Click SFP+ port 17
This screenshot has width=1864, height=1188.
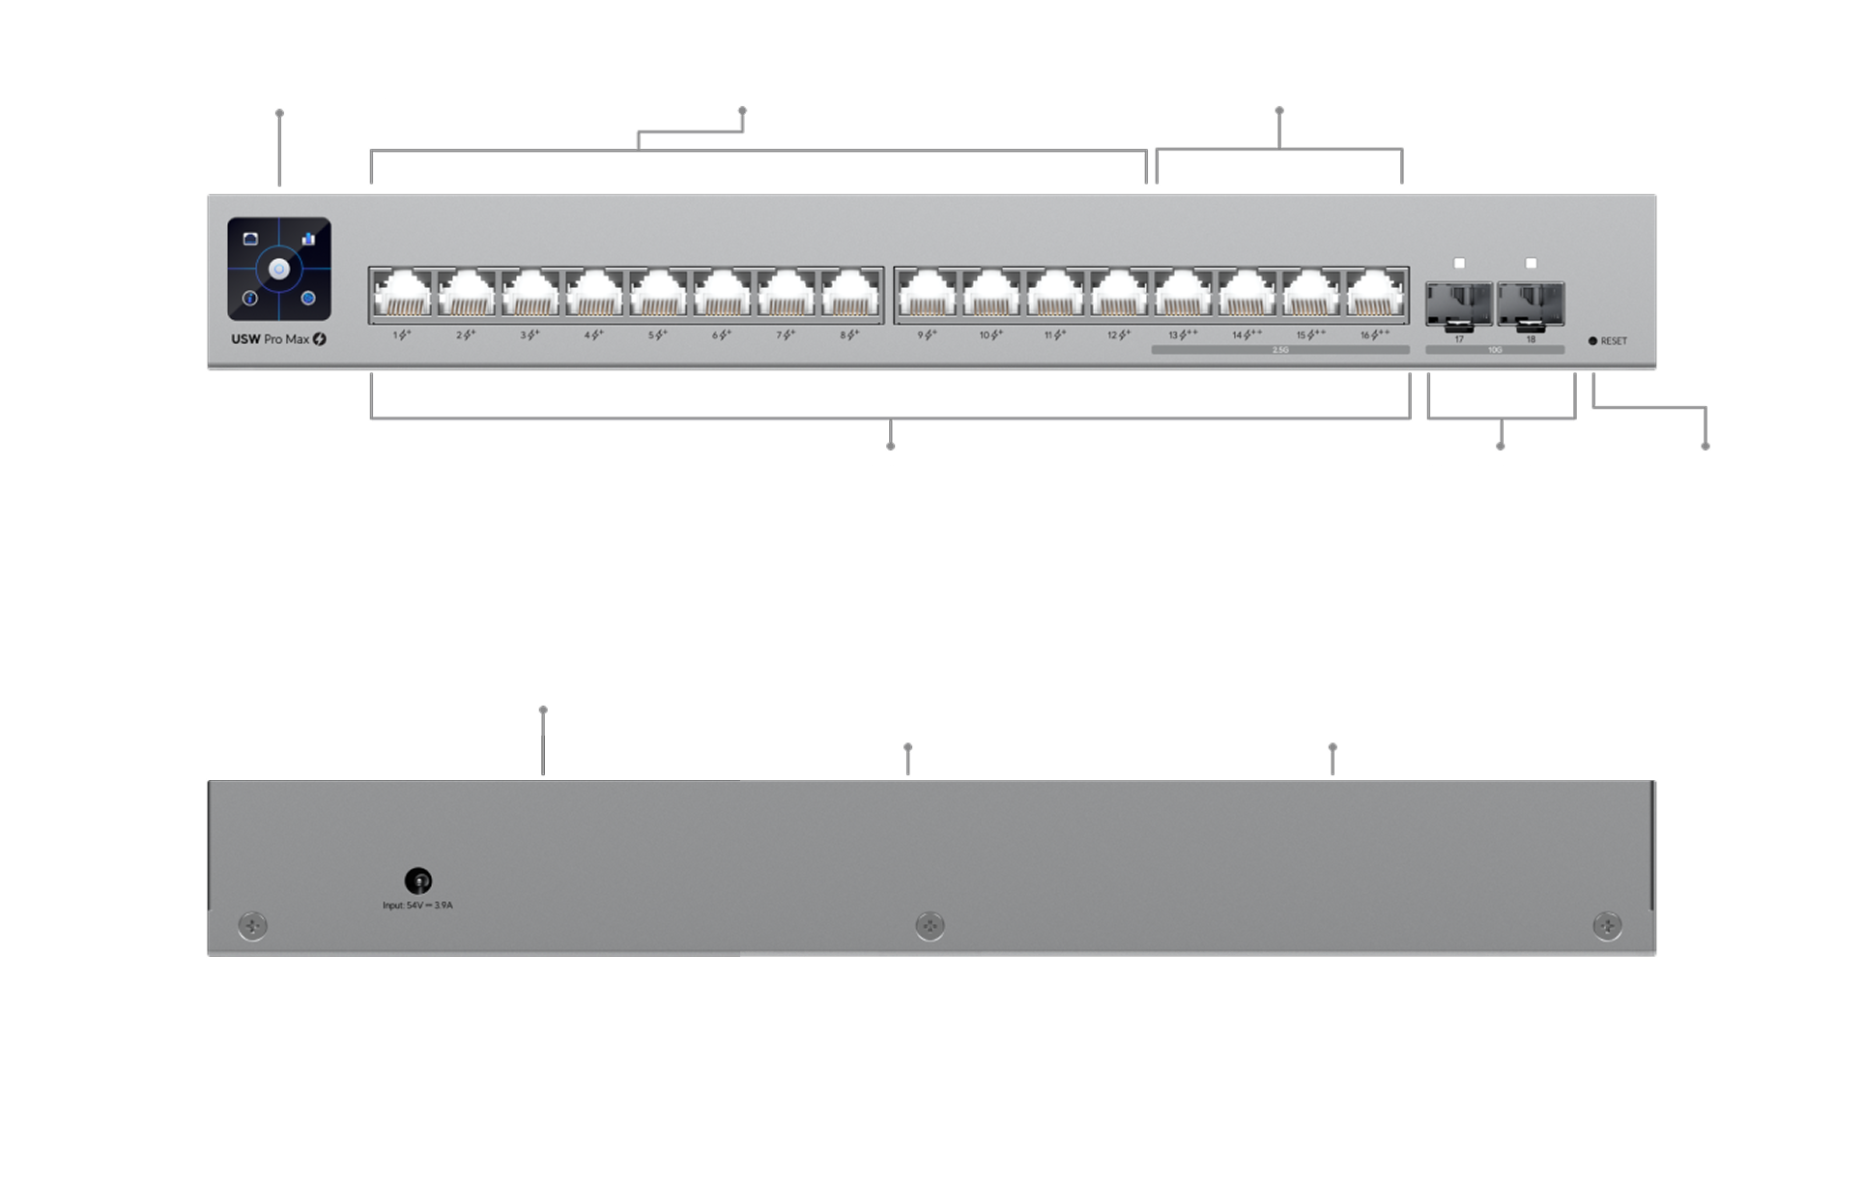click(x=1459, y=303)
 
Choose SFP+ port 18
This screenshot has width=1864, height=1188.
click(x=1531, y=303)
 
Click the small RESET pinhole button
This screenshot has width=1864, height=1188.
click(x=1592, y=341)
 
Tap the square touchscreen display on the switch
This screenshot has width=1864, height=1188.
click(x=279, y=269)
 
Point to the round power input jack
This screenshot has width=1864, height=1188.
click(x=417, y=881)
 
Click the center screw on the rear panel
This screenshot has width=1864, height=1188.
click(x=930, y=926)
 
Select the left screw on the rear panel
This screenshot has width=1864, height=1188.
click(x=252, y=926)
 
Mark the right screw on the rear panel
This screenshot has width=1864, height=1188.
click(x=1607, y=926)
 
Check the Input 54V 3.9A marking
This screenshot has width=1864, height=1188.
click(x=417, y=906)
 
